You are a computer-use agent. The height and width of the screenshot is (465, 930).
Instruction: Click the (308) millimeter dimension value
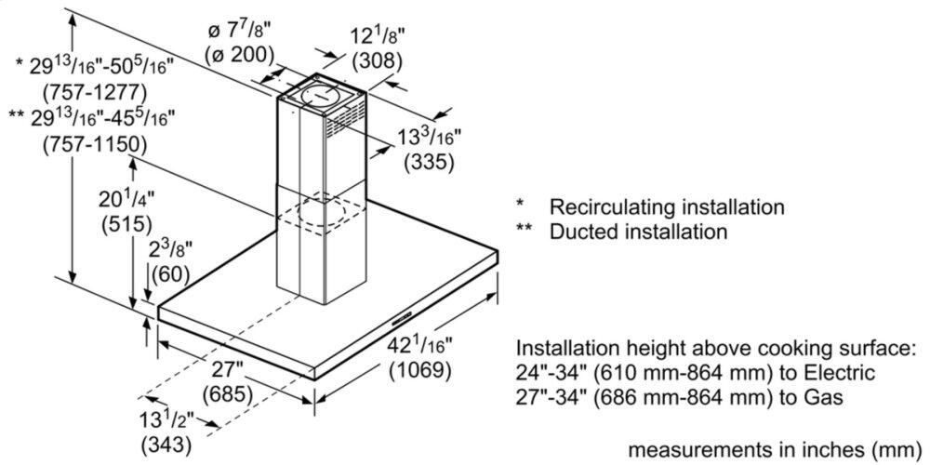[x=378, y=60]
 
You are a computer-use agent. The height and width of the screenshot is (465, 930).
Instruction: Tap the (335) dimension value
[x=428, y=162]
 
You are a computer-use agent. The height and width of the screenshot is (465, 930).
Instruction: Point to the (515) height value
[x=127, y=224]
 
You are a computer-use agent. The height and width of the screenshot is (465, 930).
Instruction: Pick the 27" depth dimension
[x=228, y=371]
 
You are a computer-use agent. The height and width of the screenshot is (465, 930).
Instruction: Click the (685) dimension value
[x=228, y=393]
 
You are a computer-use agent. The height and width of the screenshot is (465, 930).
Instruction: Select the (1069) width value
[x=421, y=370]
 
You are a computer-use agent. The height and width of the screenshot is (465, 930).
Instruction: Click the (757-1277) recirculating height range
[x=95, y=92]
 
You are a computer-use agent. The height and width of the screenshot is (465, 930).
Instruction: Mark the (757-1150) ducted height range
[x=95, y=144]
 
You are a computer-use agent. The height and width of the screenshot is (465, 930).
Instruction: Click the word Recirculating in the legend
[x=606, y=207]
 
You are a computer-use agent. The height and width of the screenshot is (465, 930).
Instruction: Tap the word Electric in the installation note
[x=838, y=373]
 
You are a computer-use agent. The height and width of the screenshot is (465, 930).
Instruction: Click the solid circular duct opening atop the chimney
[x=320, y=96]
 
